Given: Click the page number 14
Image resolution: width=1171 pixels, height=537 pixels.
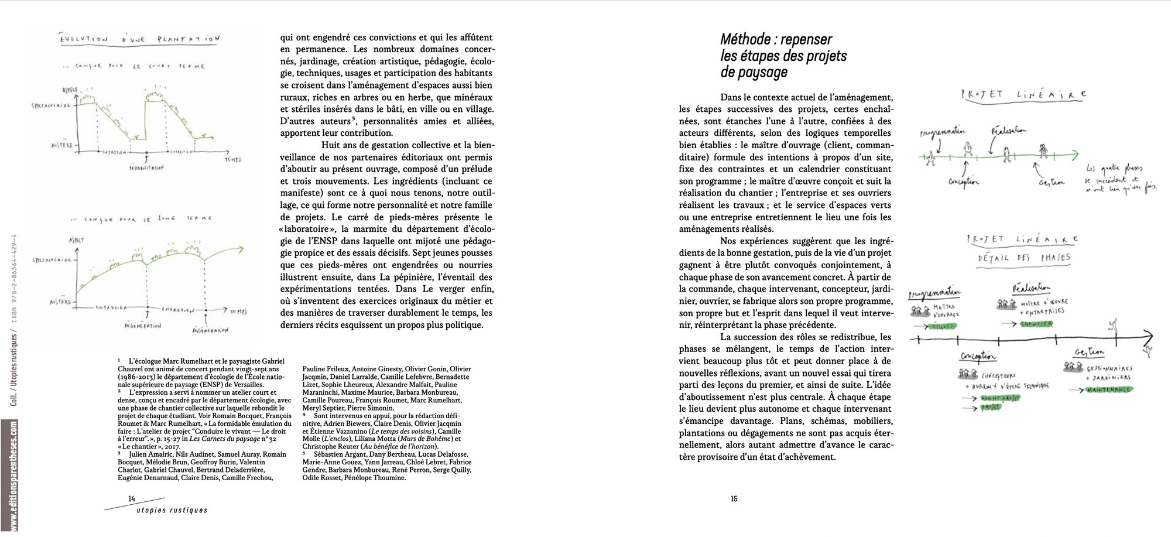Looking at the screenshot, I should click(x=132, y=498).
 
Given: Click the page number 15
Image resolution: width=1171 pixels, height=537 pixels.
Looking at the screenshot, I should click(x=734, y=499).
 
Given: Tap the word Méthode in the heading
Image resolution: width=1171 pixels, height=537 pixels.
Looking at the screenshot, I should click(x=745, y=40).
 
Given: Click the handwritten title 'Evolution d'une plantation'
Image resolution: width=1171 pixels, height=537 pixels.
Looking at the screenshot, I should click(x=141, y=39).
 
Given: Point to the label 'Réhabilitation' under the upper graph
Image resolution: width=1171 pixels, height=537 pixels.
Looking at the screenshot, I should click(x=146, y=167).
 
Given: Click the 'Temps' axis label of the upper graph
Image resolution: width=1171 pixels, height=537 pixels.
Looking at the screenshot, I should click(x=232, y=159).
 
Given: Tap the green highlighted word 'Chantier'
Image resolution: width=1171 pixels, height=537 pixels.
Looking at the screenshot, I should click(x=1036, y=324).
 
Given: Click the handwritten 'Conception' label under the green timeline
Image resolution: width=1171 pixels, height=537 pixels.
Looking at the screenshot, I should click(x=963, y=182).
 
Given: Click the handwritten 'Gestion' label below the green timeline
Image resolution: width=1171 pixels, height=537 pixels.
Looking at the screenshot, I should click(x=1052, y=182).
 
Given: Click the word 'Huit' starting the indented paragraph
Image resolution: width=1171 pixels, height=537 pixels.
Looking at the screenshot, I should click(x=331, y=145).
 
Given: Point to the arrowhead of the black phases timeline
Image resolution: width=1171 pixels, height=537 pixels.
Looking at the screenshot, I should click(x=1149, y=336).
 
